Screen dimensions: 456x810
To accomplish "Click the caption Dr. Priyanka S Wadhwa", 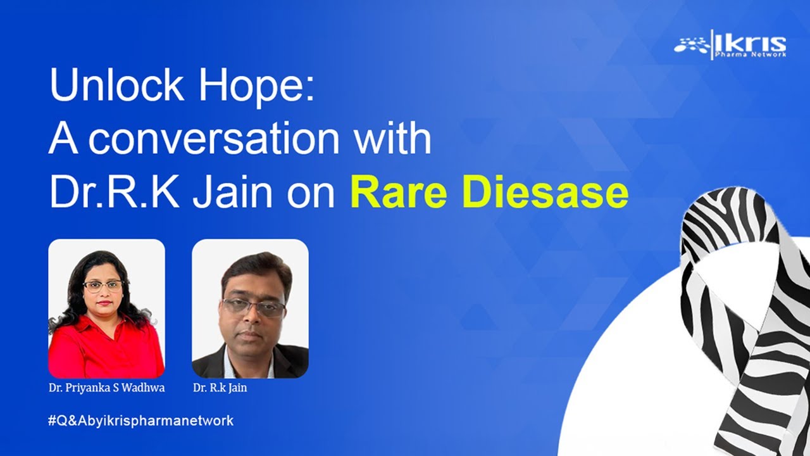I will tap(106, 388).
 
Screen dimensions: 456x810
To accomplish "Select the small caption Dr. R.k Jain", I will tap(220, 388).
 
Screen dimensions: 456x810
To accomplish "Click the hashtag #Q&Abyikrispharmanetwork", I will tap(140, 420).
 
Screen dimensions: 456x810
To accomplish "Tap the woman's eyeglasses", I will tap(103, 286).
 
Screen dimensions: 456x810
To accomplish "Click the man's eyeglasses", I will tap(254, 307).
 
